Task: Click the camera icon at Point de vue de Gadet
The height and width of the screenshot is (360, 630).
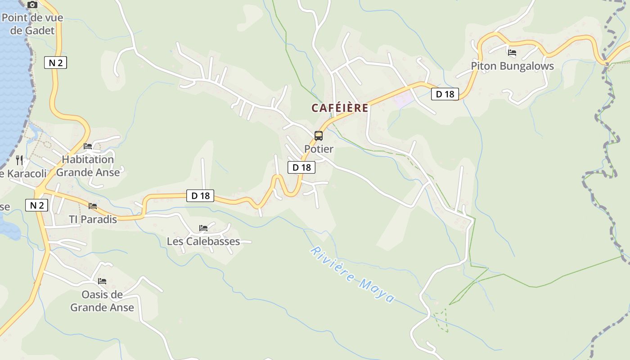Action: tap(32, 5)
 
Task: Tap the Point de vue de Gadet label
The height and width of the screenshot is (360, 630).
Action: tap(32, 24)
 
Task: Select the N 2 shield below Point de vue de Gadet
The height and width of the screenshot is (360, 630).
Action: tap(55, 63)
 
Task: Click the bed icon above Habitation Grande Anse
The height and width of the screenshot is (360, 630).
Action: tap(88, 146)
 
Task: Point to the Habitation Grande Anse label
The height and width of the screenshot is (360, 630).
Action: tap(88, 166)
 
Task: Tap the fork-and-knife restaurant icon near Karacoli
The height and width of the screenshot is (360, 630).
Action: tap(19, 160)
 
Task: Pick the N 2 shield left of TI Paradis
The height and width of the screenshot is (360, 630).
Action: tap(36, 205)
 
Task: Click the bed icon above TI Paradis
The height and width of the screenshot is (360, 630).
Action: tap(93, 206)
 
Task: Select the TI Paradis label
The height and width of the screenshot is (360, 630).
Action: tap(93, 219)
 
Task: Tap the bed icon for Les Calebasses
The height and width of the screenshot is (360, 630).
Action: tap(203, 228)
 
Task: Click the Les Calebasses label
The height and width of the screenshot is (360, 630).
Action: tap(203, 241)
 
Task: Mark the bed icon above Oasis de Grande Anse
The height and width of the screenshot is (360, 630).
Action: tap(102, 281)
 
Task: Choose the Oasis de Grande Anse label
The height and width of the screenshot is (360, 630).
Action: tap(102, 301)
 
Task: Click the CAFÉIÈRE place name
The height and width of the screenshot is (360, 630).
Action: tap(340, 108)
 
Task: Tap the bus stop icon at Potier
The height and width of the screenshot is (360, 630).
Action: tap(319, 135)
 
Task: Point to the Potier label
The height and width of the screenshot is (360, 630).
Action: tap(319, 149)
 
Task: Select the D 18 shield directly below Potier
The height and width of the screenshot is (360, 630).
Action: tap(301, 167)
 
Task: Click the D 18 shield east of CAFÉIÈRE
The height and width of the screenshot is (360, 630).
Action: tap(445, 94)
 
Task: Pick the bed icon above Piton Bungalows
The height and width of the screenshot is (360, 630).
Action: tap(512, 52)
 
